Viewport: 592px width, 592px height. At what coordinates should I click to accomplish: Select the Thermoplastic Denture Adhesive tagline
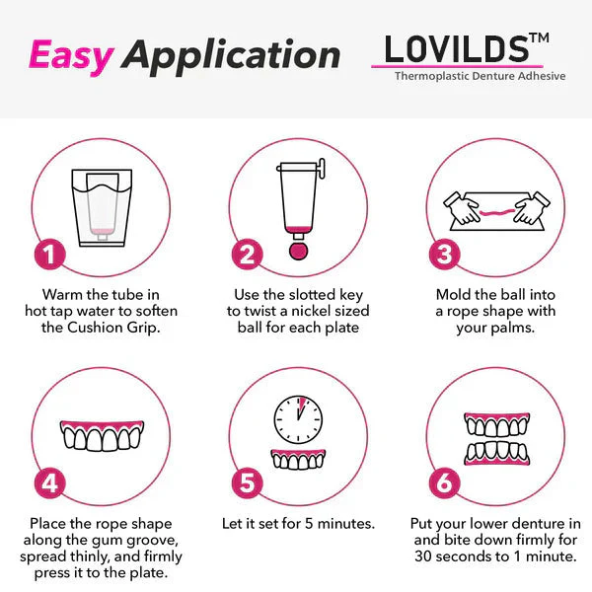[x=480, y=76]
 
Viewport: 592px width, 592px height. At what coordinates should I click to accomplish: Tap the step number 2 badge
[x=247, y=254]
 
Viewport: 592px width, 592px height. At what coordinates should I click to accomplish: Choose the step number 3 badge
[x=445, y=254]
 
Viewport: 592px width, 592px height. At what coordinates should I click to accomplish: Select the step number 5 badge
[x=247, y=482]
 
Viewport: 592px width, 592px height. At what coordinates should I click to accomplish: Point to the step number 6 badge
[x=445, y=482]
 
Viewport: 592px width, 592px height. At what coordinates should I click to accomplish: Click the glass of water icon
[x=99, y=206]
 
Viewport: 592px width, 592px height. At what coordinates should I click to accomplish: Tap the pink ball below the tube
[x=297, y=251]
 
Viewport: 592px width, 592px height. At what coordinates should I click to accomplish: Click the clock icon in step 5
[x=297, y=419]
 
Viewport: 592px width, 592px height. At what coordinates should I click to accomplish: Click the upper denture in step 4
[x=99, y=435]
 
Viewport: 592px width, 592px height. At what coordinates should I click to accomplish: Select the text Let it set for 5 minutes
[x=297, y=523]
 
